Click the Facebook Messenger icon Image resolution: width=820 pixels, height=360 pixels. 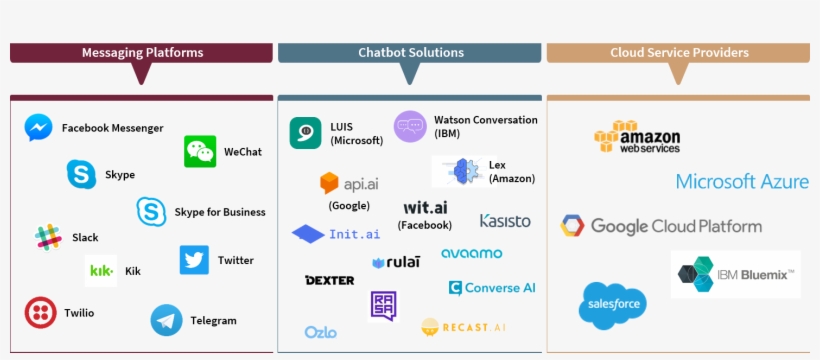39,128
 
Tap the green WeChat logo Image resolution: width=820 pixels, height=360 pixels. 200,152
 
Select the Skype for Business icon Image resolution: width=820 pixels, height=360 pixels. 152,212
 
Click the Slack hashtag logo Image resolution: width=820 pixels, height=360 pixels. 48,238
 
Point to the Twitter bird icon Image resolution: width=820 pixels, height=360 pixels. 194,260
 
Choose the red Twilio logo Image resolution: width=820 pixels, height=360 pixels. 40,313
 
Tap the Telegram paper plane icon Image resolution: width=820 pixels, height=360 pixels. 166,320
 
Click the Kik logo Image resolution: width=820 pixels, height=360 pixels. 101,271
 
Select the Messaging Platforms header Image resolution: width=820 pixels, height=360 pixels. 141,53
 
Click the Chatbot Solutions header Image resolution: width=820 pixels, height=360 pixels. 410,53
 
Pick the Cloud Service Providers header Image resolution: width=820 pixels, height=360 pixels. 678,53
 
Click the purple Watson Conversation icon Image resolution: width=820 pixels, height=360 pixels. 410,127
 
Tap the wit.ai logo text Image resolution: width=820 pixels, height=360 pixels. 425,208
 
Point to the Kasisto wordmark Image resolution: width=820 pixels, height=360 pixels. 505,221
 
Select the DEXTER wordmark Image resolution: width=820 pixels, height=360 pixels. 329,280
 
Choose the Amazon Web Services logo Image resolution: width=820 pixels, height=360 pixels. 637,137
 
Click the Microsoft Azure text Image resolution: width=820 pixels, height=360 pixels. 742,182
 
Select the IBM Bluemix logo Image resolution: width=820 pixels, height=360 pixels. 736,273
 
